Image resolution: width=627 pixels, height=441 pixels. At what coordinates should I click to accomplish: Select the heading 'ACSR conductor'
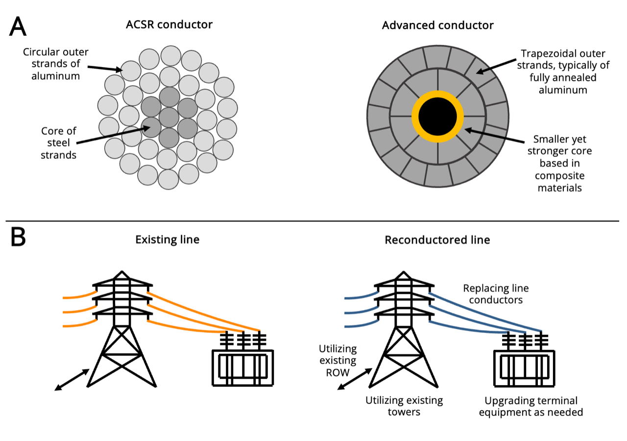[169, 24]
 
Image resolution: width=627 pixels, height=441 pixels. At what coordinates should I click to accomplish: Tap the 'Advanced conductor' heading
[437, 24]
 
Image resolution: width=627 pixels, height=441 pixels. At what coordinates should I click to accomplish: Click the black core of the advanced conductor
[437, 117]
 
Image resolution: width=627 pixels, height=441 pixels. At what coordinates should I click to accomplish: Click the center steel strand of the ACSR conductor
[169, 117]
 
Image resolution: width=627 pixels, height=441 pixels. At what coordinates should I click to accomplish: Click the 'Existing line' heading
[168, 240]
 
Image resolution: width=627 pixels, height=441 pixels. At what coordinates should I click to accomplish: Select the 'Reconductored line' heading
[437, 240]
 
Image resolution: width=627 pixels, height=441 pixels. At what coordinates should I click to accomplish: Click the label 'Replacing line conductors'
[496, 294]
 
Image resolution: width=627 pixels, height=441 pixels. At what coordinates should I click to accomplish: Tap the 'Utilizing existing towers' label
[404, 406]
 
